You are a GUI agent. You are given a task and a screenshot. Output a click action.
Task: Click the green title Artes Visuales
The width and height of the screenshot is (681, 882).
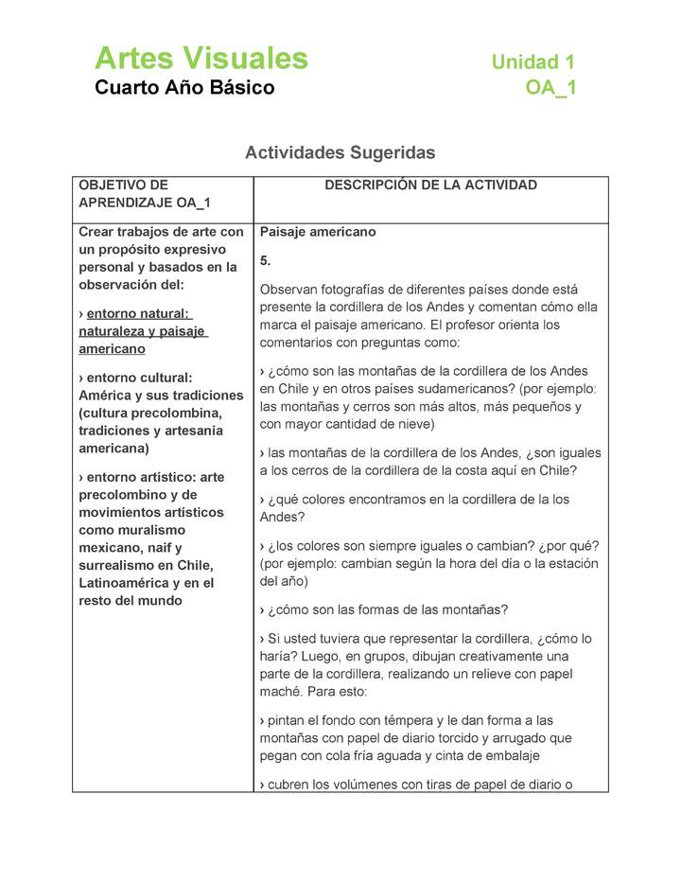point(201,59)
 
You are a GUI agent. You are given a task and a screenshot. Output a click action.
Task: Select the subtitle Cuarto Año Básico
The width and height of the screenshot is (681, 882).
point(184,88)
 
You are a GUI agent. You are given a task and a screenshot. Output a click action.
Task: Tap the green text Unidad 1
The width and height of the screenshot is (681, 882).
point(533,62)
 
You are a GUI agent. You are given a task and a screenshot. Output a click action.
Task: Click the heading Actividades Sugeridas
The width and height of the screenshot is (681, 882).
point(340,151)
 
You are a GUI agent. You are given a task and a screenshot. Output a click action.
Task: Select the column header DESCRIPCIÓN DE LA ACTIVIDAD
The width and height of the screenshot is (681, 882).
point(430,185)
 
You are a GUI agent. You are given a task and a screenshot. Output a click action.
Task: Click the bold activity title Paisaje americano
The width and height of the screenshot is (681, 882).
point(317,232)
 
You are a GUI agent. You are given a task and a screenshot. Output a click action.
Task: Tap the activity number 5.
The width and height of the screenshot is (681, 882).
point(265,260)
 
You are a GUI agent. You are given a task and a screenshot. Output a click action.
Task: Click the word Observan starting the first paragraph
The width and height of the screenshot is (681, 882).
point(290,290)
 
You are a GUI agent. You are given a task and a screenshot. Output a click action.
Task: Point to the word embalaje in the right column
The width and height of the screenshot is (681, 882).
point(540,755)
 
